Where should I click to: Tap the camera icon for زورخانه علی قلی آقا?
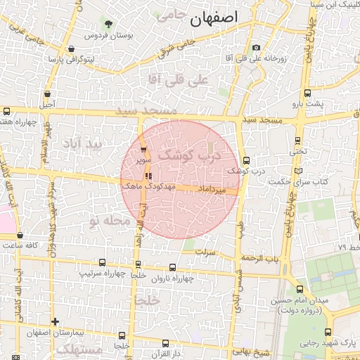pyautogui.click(x=256, y=48)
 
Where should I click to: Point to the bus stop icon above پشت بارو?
pyautogui.click(x=307, y=93)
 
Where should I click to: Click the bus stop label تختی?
pyautogui.click(x=300, y=151)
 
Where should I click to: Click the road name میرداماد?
pyautogui.click(x=211, y=190)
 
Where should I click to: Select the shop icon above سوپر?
pyautogui.click(x=144, y=149)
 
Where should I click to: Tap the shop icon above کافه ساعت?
pyautogui.click(x=20, y=235)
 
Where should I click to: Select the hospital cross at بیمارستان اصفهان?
pyautogui.click(x=55, y=321)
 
